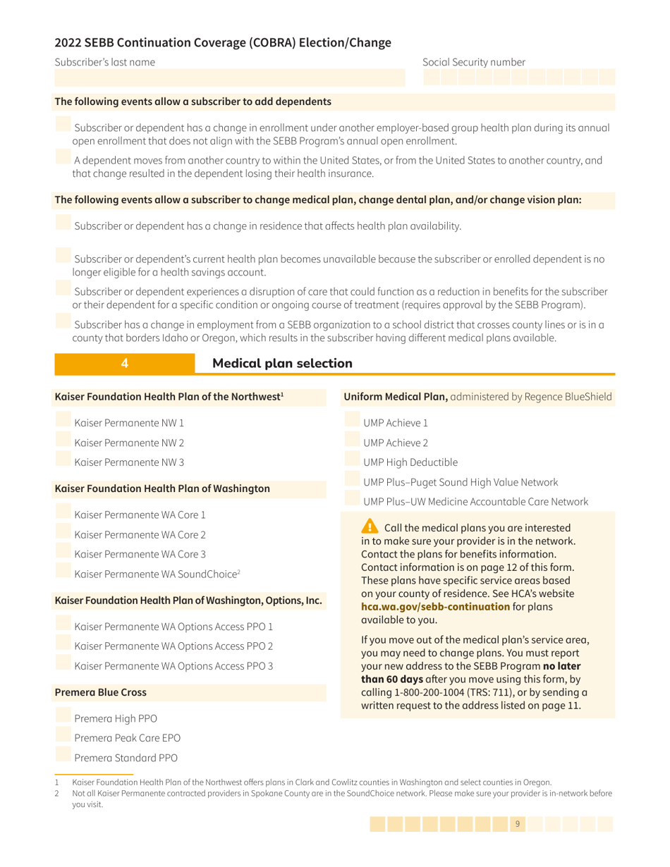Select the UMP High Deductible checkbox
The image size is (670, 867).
pyautogui.click(x=352, y=462)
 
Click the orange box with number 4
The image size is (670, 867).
pyautogui.click(x=124, y=364)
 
